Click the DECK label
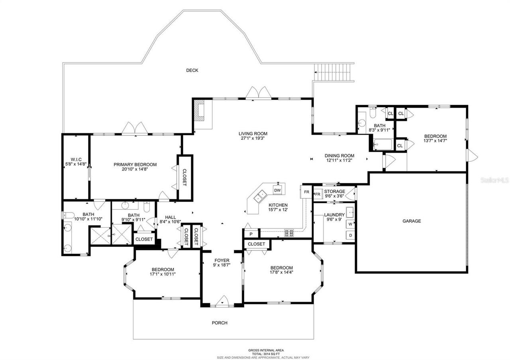tap(192, 70)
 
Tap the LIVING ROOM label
tap(253, 134)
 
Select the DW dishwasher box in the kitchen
tap(278, 190)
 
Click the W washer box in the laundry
tap(350, 224)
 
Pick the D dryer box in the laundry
tap(350, 235)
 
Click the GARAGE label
tap(411, 221)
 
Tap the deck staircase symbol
tap(334, 72)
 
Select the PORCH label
tap(220, 323)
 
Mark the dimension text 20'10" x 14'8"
tap(135, 169)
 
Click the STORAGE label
tap(334, 192)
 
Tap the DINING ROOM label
tap(339, 156)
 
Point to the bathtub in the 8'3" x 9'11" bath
tap(382, 144)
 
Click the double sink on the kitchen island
tap(261, 196)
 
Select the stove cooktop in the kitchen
tap(289, 232)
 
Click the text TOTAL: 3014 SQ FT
tap(263, 354)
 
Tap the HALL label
tap(170, 217)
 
